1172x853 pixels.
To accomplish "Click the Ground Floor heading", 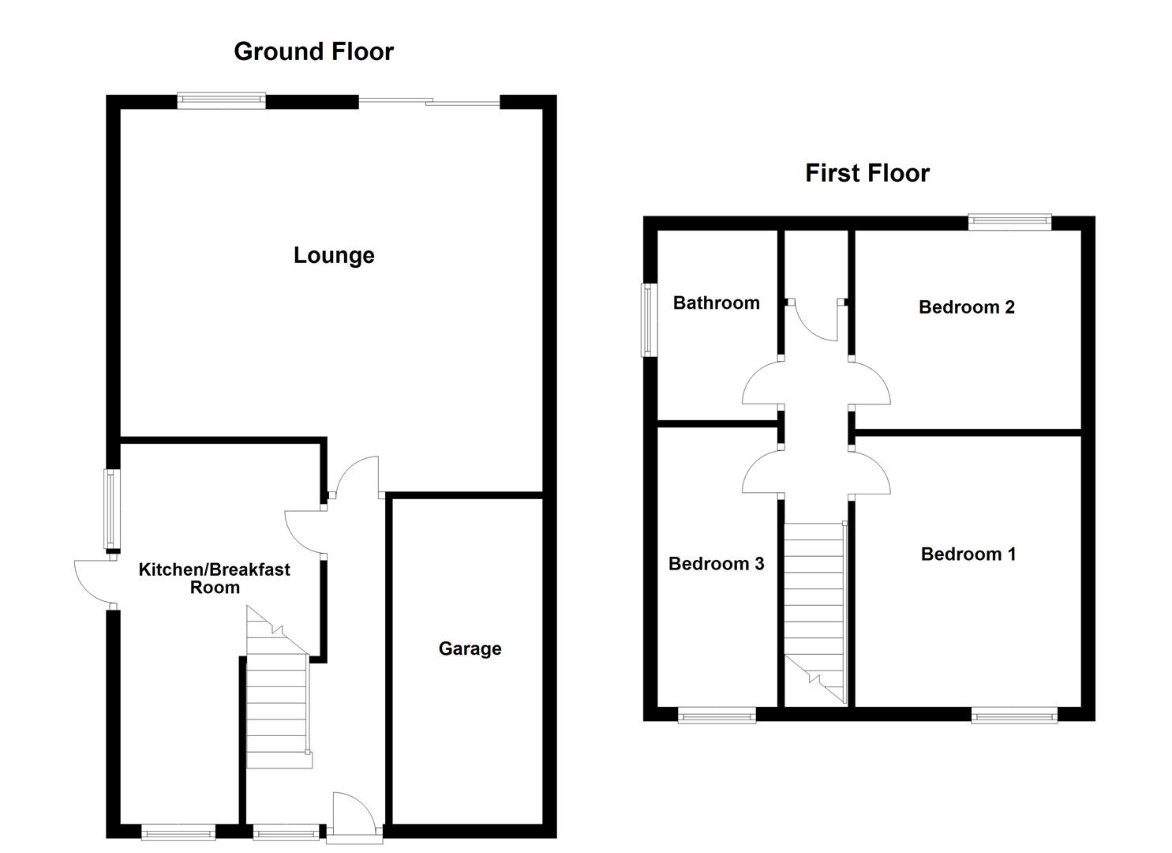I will pos(313,51).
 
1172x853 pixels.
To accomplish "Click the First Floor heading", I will pos(867,173).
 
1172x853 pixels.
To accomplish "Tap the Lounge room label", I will pos(334,255).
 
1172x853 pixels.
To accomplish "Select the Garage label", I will pos(470,648).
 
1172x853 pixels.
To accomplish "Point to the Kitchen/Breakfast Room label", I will pos(215,578).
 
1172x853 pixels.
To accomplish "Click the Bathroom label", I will pos(716,303).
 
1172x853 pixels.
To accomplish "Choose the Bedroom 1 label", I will pos(968,554).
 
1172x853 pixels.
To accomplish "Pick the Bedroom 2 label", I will pos(966,307).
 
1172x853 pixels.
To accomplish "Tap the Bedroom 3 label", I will pos(716,564).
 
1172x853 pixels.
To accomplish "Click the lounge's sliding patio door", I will pos(429,101).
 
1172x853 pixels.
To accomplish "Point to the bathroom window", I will pos(649,320).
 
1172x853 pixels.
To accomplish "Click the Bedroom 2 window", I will pos(1010,222).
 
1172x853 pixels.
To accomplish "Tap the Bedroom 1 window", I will pos(1013,716).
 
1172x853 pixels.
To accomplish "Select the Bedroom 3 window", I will pos(717,716).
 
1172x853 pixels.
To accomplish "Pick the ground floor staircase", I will pos(277,695).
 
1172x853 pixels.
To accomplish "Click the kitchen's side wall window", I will pos(113,509).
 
